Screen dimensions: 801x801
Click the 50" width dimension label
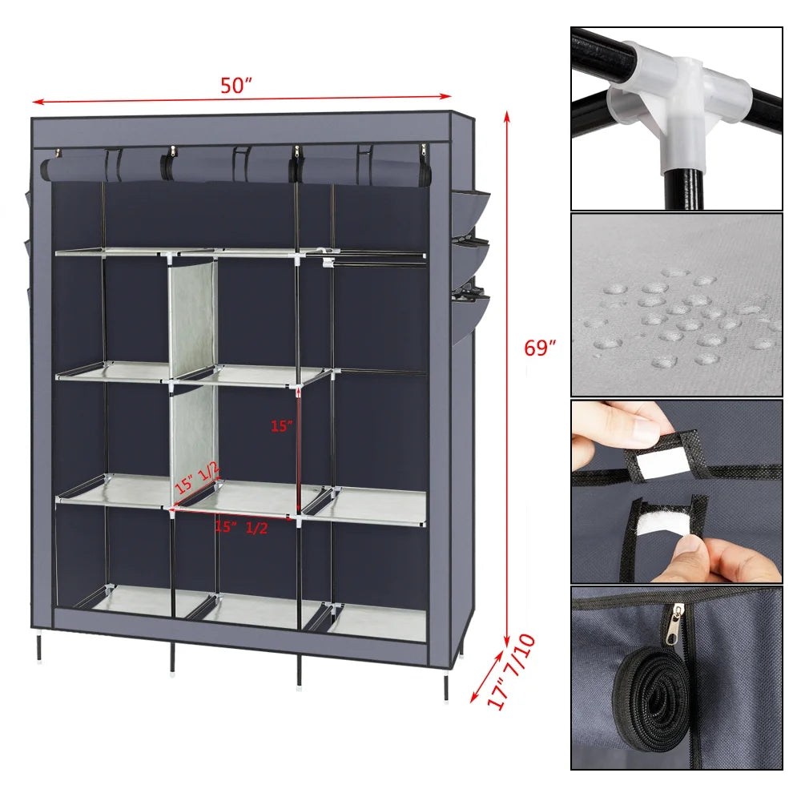click(x=236, y=87)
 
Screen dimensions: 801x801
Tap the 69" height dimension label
click(x=540, y=348)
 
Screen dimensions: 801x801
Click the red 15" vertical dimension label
click(x=281, y=427)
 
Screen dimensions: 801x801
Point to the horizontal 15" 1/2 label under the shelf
click(x=241, y=527)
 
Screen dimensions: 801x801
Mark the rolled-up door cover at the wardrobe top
click(x=232, y=167)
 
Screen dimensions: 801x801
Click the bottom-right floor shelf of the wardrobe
click(x=376, y=622)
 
